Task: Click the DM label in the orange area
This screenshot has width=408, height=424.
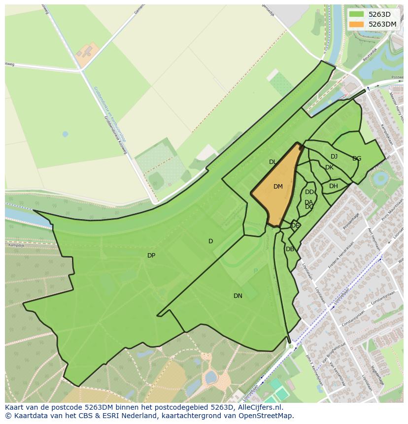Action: (278, 187)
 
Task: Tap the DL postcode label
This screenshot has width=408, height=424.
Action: (272, 162)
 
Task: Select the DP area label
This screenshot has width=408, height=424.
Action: (151, 256)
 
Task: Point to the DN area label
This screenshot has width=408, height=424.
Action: (238, 296)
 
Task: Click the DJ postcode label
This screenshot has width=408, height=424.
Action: (334, 157)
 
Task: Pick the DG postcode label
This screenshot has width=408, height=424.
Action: (357, 159)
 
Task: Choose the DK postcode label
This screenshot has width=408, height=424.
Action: (329, 167)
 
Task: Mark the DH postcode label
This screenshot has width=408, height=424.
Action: (334, 186)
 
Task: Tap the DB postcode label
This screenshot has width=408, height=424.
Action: (290, 249)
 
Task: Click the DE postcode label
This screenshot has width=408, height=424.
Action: (295, 226)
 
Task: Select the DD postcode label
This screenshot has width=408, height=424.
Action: (309, 192)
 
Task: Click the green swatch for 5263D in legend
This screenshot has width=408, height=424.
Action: (356, 14)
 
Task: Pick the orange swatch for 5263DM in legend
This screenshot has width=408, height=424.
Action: (356, 24)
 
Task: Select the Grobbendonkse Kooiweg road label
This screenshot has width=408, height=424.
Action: (115, 135)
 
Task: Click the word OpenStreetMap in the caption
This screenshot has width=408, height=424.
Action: (268, 416)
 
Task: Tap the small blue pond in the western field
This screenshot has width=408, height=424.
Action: (65, 134)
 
